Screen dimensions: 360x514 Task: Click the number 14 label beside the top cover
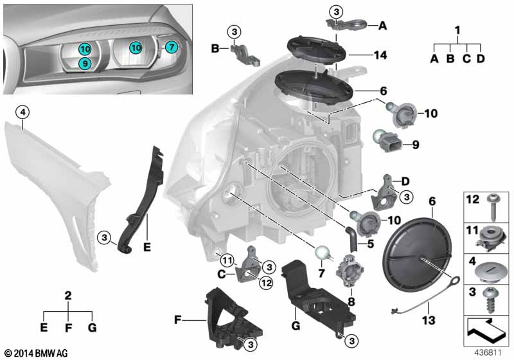pos(380,55)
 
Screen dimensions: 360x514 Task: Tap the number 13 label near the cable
pos(409,319)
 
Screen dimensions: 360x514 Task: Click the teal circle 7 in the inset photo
pos(170,47)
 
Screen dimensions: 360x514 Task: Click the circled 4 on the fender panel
pos(22,113)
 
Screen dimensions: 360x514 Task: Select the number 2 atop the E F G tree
pos(68,296)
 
